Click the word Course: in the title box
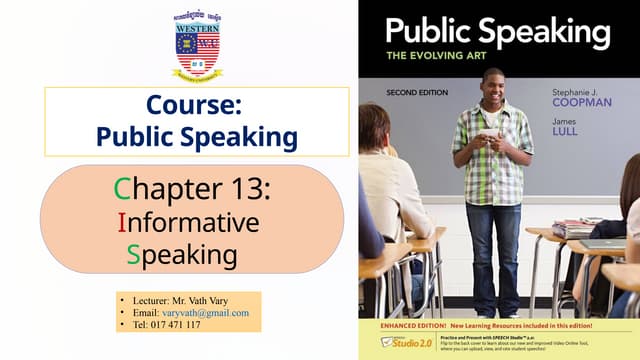(x=196, y=105)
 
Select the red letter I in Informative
(x=121, y=221)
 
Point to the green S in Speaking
(x=133, y=255)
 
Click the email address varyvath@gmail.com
(x=205, y=313)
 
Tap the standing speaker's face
(x=492, y=86)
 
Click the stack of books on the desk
(x=574, y=228)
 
